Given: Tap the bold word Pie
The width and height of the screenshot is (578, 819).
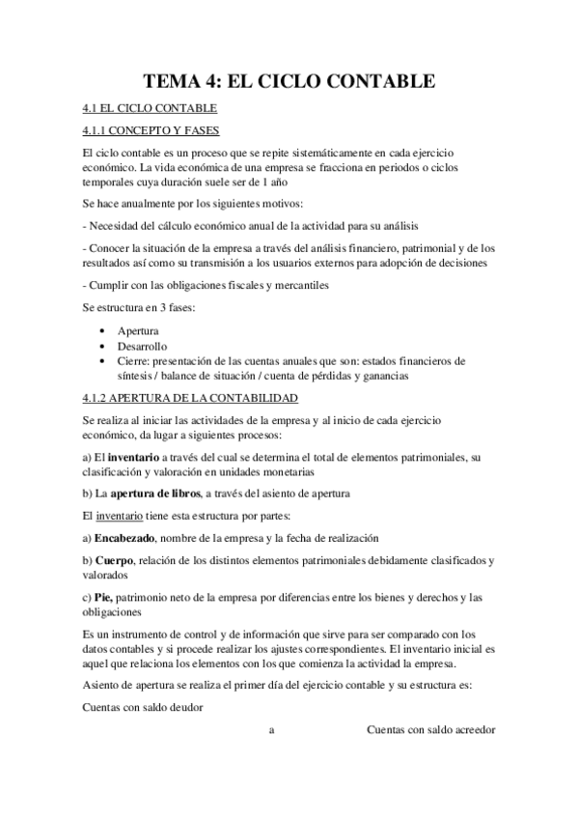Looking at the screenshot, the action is pyautogui.click(x=105, y=597).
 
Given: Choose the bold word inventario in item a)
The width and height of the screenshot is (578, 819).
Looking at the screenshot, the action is pyautogui.click(x=135, y=456).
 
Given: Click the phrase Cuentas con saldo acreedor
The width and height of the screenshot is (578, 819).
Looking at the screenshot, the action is pyautogui.click(x=431, y=729).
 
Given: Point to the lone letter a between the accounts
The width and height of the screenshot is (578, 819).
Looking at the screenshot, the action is pyautogui.click(x=272, y=730).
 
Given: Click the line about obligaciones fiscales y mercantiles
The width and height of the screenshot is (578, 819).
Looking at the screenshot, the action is pyautogui.click(x=208, y=285).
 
